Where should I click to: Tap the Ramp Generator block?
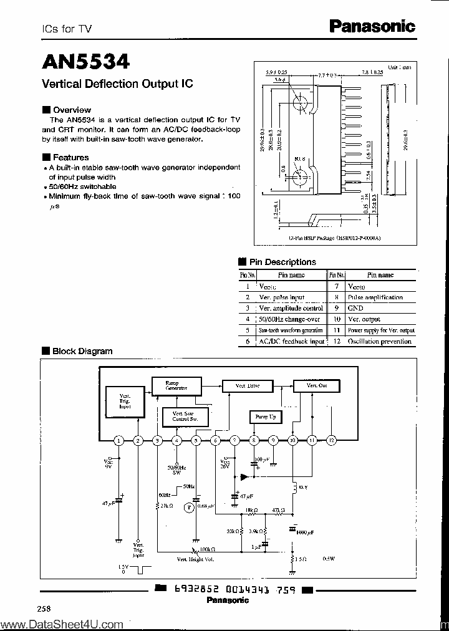click(176, 385)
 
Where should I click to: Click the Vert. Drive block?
click(247, 386)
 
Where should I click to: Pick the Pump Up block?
click(265, 416)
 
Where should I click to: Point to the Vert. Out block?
click(317, 386)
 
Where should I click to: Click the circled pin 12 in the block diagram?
click(331, 440)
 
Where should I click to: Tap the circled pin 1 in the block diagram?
click(118, 440)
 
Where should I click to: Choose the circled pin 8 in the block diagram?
click(254, 440)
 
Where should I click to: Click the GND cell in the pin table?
click(355, 308)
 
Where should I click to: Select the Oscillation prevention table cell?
click(380, 341)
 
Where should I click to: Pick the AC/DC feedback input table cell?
click(291, 341)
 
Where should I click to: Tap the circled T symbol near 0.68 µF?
click(188, 508)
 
